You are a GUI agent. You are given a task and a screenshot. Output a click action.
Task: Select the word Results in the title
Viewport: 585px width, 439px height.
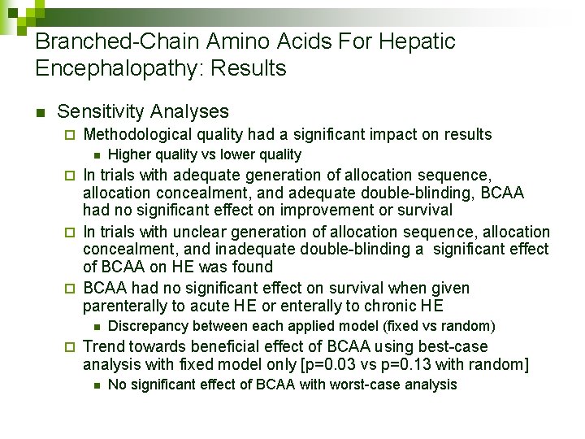point(249,68)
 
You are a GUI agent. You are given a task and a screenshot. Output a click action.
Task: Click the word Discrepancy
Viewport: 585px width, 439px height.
point(147,326)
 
